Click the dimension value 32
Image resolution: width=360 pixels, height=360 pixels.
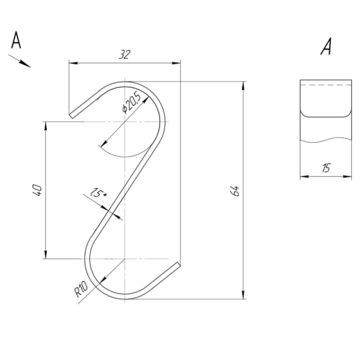tap(124, 55)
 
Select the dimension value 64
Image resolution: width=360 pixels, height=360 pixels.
tap(235, 191)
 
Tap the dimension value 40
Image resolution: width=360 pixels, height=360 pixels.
tap(37, 190)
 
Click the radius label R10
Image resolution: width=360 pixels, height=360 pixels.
tap(81, 289)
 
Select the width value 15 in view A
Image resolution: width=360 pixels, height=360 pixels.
tap(326, 168)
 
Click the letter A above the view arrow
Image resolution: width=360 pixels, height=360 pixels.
tap(16, 40)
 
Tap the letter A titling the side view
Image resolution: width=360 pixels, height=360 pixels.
tap(326, 47)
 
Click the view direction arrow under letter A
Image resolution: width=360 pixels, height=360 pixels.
tap(20, 61)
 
